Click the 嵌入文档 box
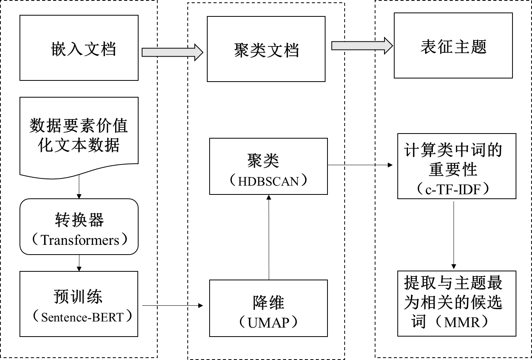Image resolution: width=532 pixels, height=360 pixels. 79,48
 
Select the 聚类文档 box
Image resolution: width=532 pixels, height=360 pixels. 266,49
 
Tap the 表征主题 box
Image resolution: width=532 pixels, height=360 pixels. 453,45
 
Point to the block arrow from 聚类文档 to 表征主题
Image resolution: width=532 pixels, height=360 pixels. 361,45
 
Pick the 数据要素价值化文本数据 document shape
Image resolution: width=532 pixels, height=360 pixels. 79,135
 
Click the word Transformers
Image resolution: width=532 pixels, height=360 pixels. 80,240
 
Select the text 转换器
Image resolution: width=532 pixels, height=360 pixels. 79,221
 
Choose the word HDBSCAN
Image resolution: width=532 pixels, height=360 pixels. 269,181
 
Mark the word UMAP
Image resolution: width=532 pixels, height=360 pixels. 268,322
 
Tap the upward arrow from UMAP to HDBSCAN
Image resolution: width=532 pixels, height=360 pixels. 269,237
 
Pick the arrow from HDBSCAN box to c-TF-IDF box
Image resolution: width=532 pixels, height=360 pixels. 359,165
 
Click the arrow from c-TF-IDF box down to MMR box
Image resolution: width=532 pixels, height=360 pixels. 453,234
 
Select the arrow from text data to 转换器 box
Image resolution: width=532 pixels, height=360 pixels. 79,187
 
